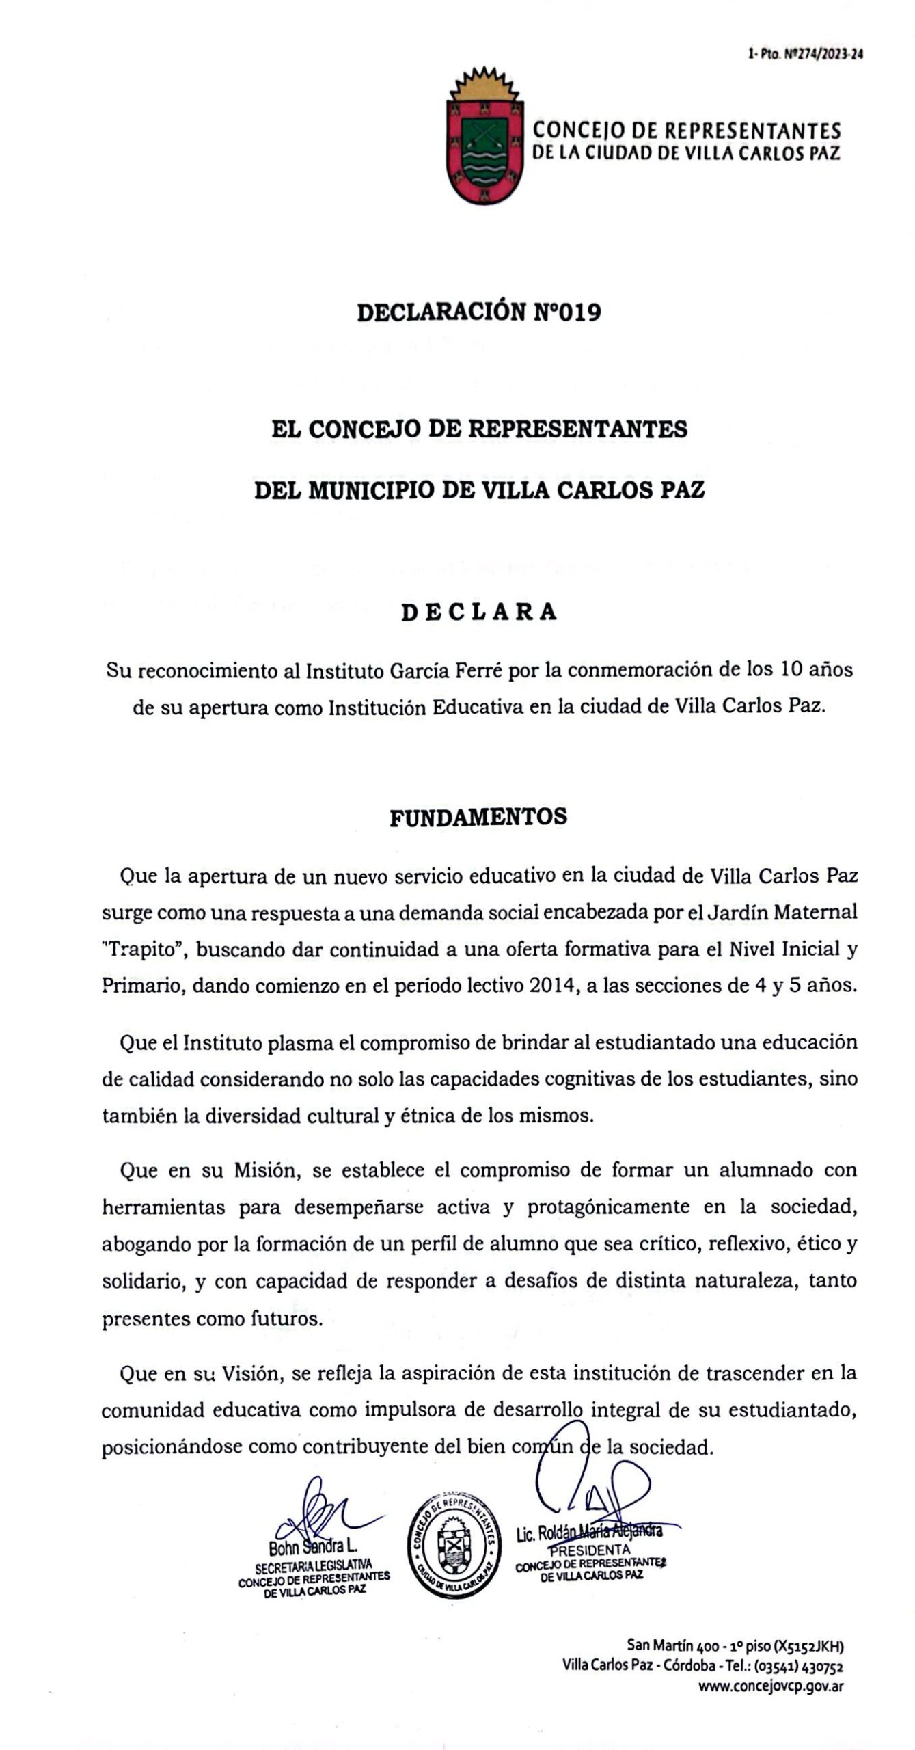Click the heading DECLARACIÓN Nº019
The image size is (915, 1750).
point(479,312)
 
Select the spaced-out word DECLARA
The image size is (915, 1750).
point(479,611)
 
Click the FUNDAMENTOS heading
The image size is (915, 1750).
point(478,818)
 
